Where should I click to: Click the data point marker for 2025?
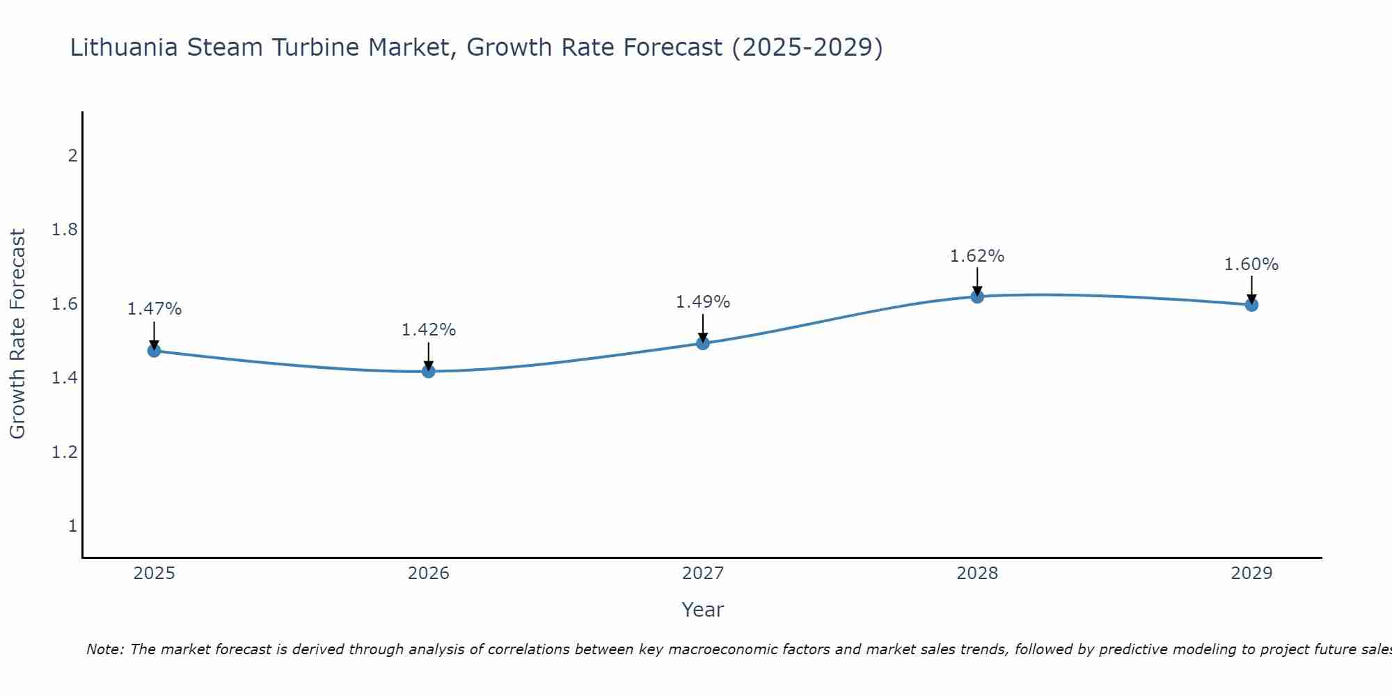point(154,351)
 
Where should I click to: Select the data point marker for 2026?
point(428,371)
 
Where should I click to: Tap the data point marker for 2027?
point(702,343)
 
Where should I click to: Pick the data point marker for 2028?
point(976,296)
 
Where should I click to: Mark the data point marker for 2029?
point(1251,304)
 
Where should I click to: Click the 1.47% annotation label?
point(154,309)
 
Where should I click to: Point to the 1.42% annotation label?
point(428,330)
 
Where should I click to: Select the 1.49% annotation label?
point(702,302)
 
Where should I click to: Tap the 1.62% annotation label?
point(976,256)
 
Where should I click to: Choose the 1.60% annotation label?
point(1251,264)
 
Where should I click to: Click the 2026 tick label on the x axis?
point(428,574)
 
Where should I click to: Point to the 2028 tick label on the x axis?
point(976,574)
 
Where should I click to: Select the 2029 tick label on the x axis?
point(1251,574)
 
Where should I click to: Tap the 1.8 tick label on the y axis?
point(64,230)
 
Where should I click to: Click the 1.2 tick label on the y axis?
point(64,452)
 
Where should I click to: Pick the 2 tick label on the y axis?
point(72,155)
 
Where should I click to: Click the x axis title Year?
point(702,610)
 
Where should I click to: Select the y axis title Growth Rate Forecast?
point(17,334)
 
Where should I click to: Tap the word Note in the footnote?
point(104,649)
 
